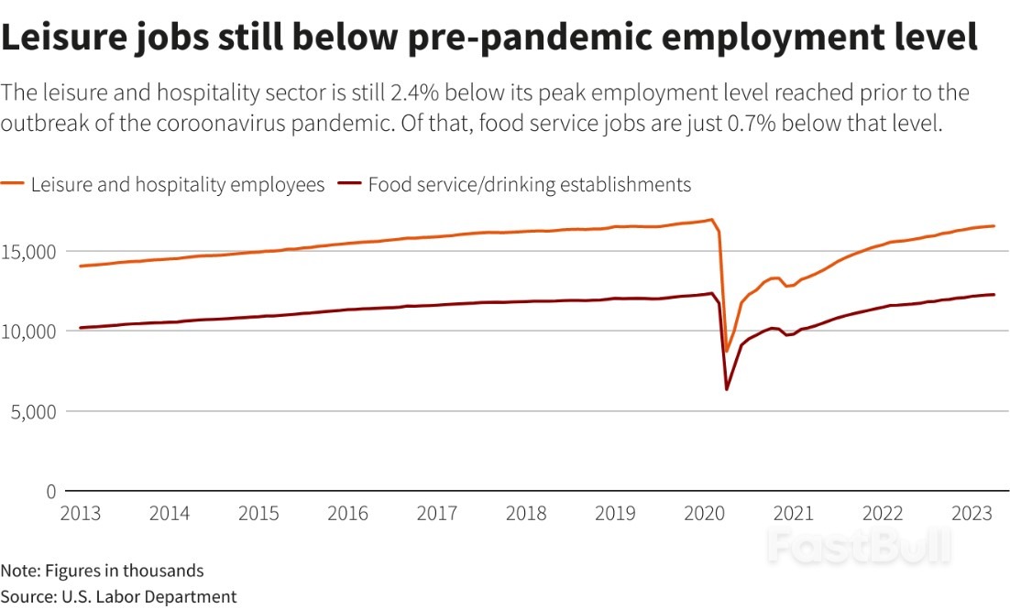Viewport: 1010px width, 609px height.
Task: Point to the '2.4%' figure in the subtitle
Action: coord(414,92)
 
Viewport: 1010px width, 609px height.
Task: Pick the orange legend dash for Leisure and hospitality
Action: coord(12,183)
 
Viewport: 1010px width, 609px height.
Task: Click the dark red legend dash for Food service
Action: coord(349,183)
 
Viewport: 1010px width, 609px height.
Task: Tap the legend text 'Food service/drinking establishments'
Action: coord(530,185)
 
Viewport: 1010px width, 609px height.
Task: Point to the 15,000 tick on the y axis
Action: coord(28,252)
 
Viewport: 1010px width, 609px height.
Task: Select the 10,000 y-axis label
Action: coord(28,332)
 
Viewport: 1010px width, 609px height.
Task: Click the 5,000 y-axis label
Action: coord(34,411)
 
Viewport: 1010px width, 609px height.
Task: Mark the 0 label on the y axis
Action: coord(51,491)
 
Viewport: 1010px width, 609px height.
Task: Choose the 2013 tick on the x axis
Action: coord(81,513)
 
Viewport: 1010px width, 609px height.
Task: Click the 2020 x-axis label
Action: coord(704,513)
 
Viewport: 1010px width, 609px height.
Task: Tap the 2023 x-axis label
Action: coord(972,513)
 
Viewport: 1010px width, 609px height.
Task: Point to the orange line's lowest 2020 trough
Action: coord(727,352)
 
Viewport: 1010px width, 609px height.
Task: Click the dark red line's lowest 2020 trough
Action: coord(727,389)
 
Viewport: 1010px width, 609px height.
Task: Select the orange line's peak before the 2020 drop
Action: coord(712,220)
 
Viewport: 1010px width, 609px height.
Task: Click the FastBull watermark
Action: coord(860,545)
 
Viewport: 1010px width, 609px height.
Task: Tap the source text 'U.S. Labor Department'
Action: coord(148,597)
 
